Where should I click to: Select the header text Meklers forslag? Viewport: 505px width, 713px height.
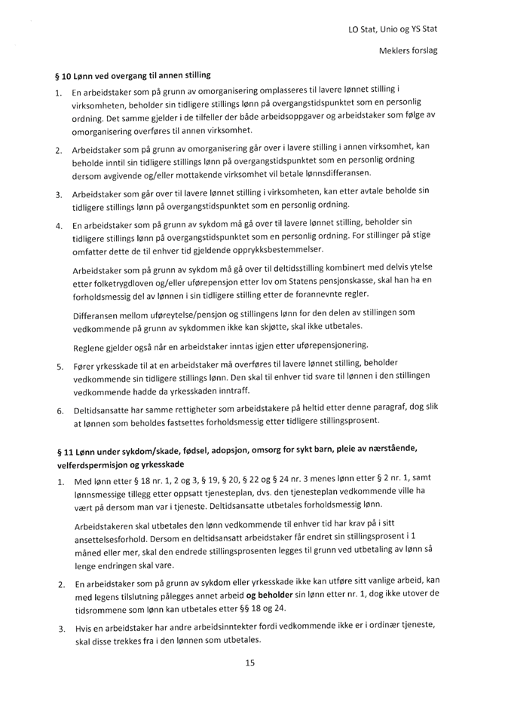tap(412, 50)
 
